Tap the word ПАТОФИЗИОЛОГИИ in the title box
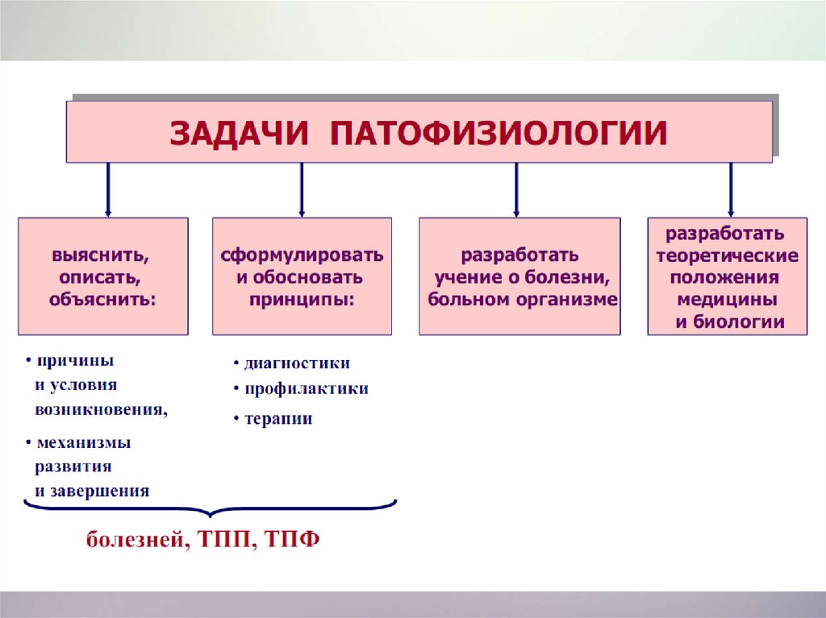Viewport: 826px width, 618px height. [499, 133]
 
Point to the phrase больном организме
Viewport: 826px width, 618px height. [523, 300]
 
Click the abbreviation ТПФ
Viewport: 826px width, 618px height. [291, 538]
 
